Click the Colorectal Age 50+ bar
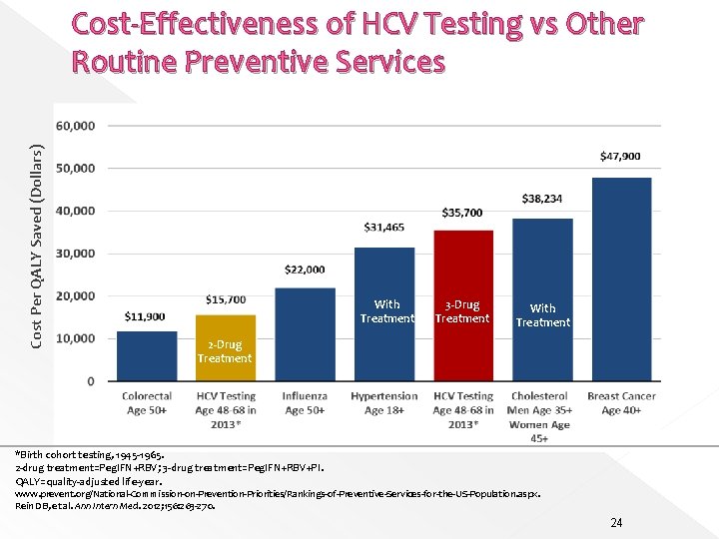[147, 355]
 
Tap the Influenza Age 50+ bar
[305, 333]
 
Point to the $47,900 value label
[621, 157]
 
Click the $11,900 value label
[146, 316]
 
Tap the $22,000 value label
[305, 269]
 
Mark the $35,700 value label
[462, 213]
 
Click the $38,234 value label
[542, 200]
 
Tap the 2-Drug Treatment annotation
[225, 351]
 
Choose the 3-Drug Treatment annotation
[462, 311]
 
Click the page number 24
[616, 522]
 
